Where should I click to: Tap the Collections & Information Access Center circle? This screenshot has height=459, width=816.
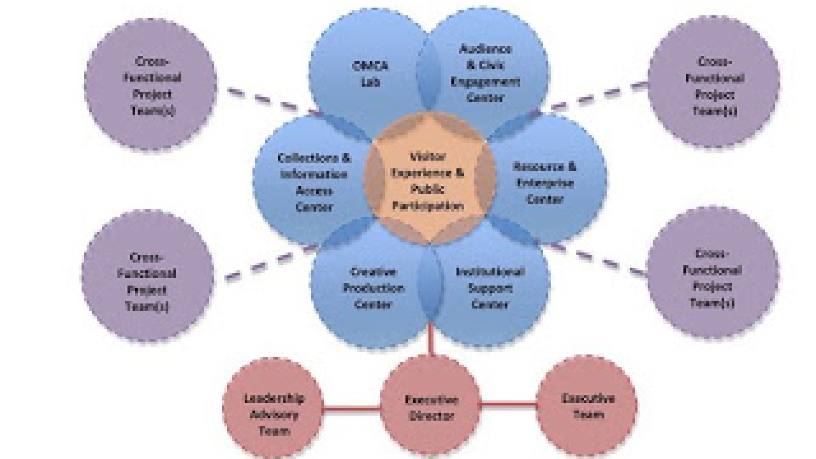[x=306, y=182]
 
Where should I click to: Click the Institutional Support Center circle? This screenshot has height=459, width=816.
[x=490, y=288]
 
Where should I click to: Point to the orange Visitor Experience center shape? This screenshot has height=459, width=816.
[x=429, y=182]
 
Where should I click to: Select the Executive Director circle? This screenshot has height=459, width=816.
[x=430, y=408]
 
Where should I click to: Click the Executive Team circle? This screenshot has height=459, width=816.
[x=587, y=407]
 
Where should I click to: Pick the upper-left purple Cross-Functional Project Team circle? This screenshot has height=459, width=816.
[x=151, y=85]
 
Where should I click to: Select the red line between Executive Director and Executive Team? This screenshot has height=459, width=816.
[x=509, y=404]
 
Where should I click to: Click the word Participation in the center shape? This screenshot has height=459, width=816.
[x=428, y=206]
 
